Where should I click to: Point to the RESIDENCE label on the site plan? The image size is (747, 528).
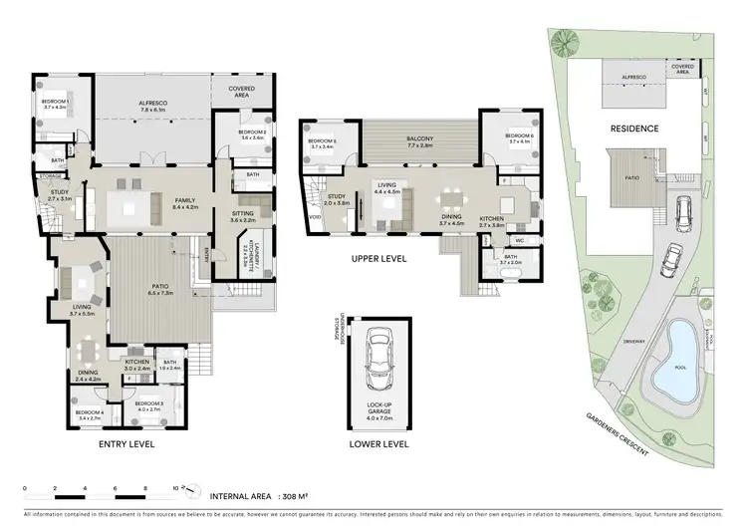click(633, 129)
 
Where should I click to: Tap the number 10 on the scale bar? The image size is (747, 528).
click(176, 488)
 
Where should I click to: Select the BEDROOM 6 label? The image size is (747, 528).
click(519, 136)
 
